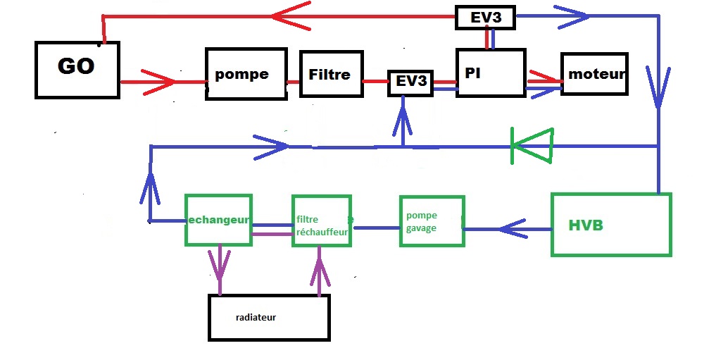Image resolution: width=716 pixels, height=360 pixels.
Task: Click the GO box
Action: pyautogui.click(x=77, y=69)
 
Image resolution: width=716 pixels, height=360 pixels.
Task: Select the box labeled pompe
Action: pyautogui.click(x=246, y=74)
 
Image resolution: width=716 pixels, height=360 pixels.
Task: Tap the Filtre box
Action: pyautogui.click(x=329, y=74)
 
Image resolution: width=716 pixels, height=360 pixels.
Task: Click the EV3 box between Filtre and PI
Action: pyautogui.click(x=411, y=82)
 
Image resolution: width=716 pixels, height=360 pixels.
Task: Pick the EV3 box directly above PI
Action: pyautogui.click(x=486, y=18)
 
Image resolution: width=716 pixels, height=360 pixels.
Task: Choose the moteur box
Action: pyautogui.click(x=595, y=74)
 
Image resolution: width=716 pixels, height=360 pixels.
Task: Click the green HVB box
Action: pyautogui.click(x=611, y=225)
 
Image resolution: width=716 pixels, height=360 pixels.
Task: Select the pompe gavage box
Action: pyautogui.click(x=432, y=221)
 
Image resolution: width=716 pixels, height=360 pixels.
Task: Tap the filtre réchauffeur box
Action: pyautogui.click(x=322, y=221)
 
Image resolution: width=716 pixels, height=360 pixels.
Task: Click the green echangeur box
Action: pyautogui.click(x=218, y=220)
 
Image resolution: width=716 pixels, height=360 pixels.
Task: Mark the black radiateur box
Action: pyautogui.click(x=269, y=317)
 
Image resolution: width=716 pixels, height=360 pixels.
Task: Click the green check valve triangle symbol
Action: pyautogui.click(x=532, y=146)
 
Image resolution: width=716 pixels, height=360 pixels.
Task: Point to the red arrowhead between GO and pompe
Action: pyautogui.click(x=159, y=82)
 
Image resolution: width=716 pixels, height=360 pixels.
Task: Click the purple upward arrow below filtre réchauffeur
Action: pyautogui.click(x=320, y=269)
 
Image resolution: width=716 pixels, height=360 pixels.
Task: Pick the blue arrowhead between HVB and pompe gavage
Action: pyautogui.click(x=514, y=228)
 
